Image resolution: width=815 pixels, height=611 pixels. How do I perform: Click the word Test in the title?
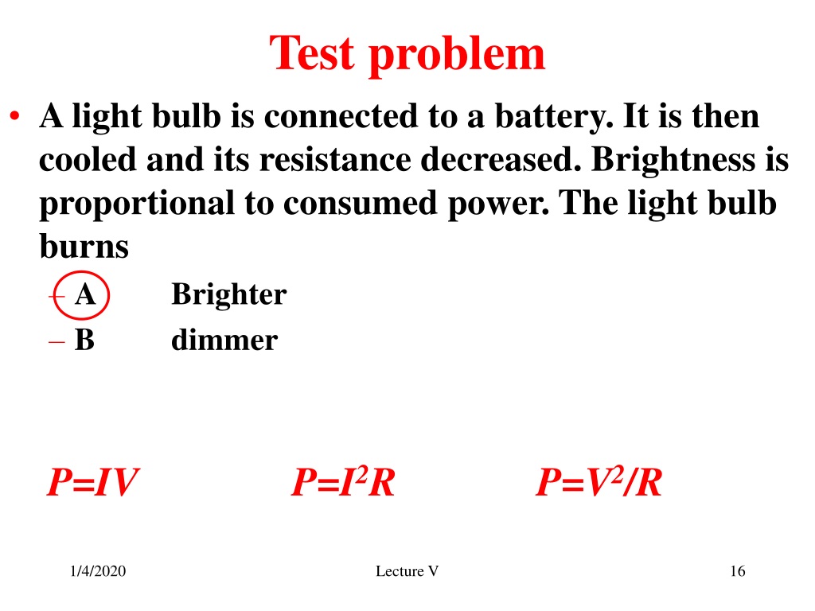pyautogui.click(x=312, y=53)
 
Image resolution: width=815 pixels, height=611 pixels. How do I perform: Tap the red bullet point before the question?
pyautogui.click(x=14, y=116)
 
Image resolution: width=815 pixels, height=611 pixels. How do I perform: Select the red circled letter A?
pyautogui.click(x=84, y=294)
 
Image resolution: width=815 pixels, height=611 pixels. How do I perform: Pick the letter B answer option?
pyautogui.click(x=84, y=340)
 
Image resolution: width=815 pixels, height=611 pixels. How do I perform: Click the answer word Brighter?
pyautogui.click(x=228, y=294)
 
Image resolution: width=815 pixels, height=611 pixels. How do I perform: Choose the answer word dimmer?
pyautogui.click(x=224, y=340)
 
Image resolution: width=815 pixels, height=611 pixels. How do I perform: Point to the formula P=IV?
pyautogui.click(x=92, y=481)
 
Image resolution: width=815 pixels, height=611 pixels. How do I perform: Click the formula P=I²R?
pyautogui.click(x=343, y=481)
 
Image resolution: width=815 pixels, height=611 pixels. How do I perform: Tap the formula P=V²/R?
pyautogui.click(x=599, y=481)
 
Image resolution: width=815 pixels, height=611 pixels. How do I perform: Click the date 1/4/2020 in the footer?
pyautogui.click(x=98, y=571)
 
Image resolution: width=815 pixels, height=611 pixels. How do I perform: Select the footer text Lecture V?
pyautogui.click(x=407, y=571)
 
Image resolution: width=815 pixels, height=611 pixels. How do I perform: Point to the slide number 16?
pyautogui.click(x=738, y=571)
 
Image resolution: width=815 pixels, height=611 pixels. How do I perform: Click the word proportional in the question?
pyautogui.click(x=137, y=204)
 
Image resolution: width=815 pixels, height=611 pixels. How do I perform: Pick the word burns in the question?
pyautogui.click(x=84, y=246)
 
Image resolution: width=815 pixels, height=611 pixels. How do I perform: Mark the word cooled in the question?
pyautogui.click(x=88, y=159)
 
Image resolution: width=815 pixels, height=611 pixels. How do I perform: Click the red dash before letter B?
pyautogui.click(x=57, y=342)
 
